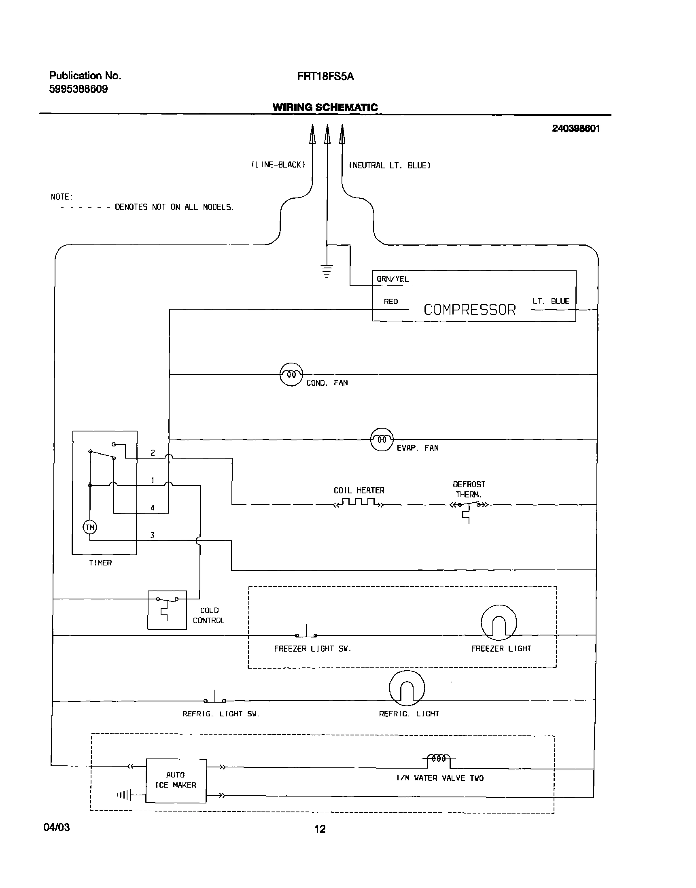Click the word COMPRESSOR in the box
click(469, 310)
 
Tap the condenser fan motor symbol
click(291, 374)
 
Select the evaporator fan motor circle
click(382, 439)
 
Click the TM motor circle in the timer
click(90, 527)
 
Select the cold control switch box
click(167, 610)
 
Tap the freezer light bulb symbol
click(499, 622)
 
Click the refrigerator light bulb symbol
click(407, 688)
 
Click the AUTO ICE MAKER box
click(176, 780)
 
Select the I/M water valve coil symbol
click(439, 758)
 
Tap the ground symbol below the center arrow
click(327, 271)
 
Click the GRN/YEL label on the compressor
click(393, 279)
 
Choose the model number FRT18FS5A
click(325, 76)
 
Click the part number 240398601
click(576, 129)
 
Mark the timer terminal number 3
click(153, 535)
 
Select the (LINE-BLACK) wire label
click(278, 165)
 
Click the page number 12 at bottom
click(320, 829)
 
